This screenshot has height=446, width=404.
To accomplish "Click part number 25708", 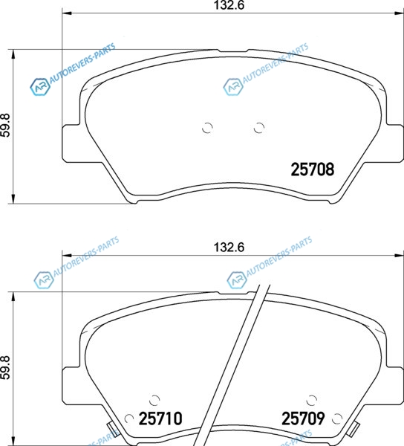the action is pyautogui.click(x=312, y=169).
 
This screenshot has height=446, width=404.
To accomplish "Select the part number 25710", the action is pyautogui.click(x=160, y=418).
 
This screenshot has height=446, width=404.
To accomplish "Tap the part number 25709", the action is pyautogui.click(x=303, y=418).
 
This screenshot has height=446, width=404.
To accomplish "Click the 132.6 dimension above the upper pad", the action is pyautogui.click(x=229, y=5).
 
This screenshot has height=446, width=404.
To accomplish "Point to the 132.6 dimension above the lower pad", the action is pyautogui.click(x=229, y=248).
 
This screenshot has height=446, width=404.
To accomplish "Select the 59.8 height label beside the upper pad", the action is pyautogui.click(x=5, y=125).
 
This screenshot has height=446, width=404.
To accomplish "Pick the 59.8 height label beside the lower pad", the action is pyautogui.click(x=5, y=367).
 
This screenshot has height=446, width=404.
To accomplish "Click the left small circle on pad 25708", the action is pyautogui.click(x=207, y=128).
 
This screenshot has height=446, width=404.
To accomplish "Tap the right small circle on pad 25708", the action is pyautogui.click(x=259, y=128).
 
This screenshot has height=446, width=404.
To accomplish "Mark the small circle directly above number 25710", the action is pyautogui.click(x=154, y=401).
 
